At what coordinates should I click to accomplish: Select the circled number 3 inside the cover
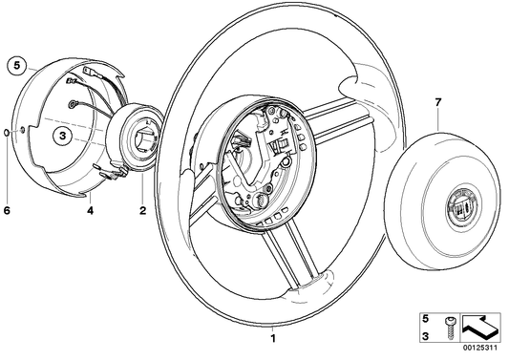click(60, 136)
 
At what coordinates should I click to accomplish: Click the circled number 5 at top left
click(14, 66)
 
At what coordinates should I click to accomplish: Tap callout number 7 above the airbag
click(438, 100)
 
